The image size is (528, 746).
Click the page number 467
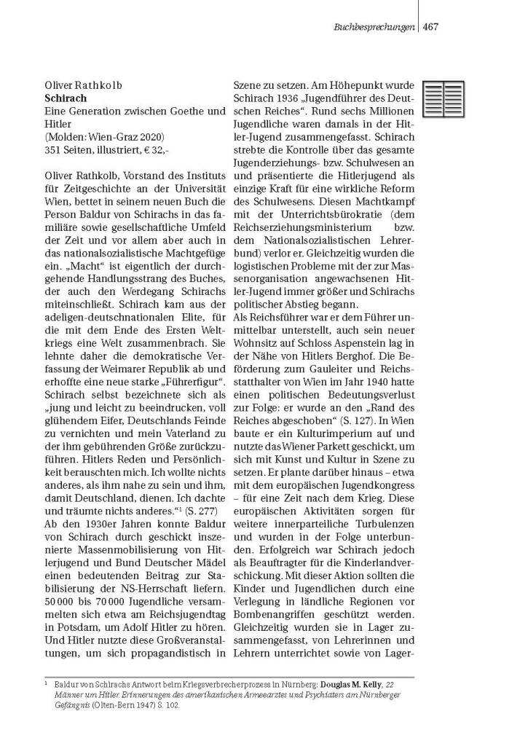pos(430,27)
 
